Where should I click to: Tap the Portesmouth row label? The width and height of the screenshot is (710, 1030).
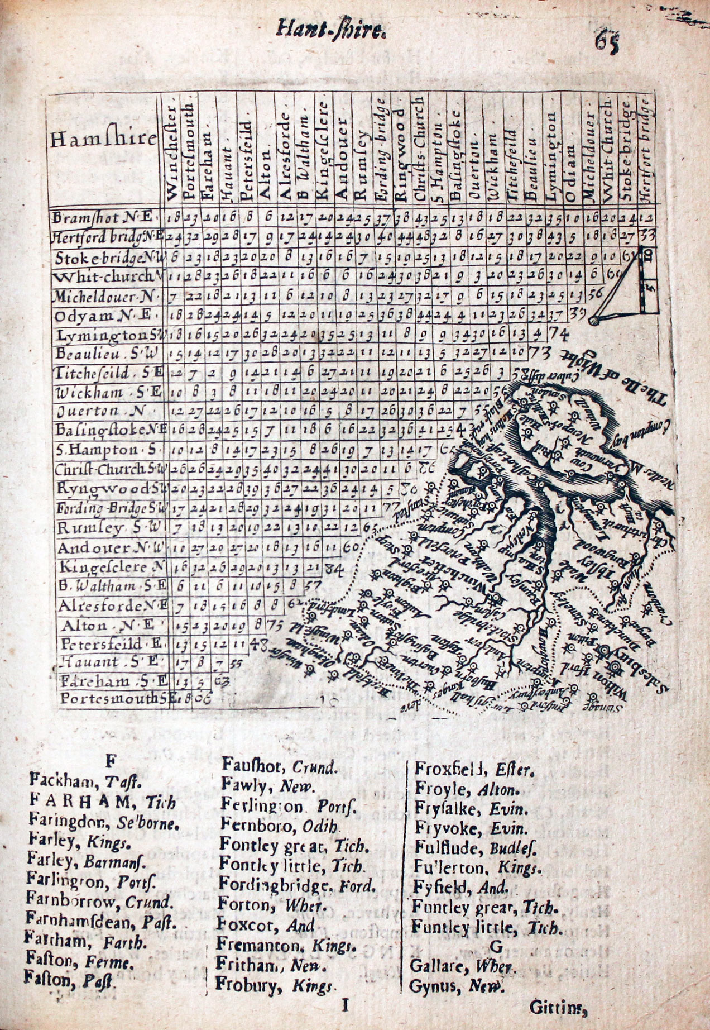pos(112,698)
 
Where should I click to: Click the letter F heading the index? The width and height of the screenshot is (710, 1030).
pos(111,760)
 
